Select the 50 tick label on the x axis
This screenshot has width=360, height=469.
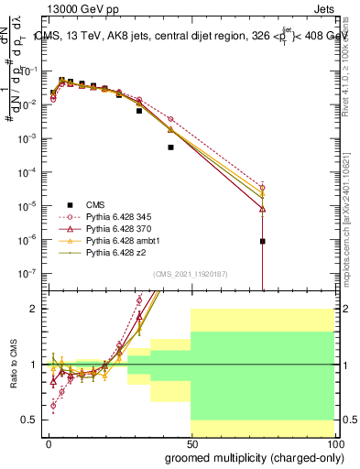click(x=191, y=443)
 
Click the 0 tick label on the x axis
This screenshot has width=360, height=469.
click(x=49, y=443)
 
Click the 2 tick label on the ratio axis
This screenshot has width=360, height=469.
click(x=35, y=310)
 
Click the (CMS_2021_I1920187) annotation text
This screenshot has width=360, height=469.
click(x=190, y=274)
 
